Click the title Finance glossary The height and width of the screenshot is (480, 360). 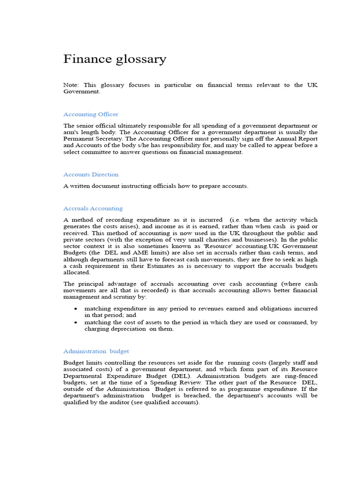click(x=114, y=60)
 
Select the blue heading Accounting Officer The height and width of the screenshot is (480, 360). click(x=90, y=114)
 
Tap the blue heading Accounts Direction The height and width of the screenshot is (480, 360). click(x=90, y=174)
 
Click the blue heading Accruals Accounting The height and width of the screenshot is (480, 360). click(x=93, y=209)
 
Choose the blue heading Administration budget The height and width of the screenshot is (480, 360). click(x=96, y=351)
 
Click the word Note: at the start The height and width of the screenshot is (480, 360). click(x=72, y=85)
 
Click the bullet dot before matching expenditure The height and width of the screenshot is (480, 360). click(x=76, y=309)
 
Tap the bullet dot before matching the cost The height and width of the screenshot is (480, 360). click(x=76, y=322)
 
